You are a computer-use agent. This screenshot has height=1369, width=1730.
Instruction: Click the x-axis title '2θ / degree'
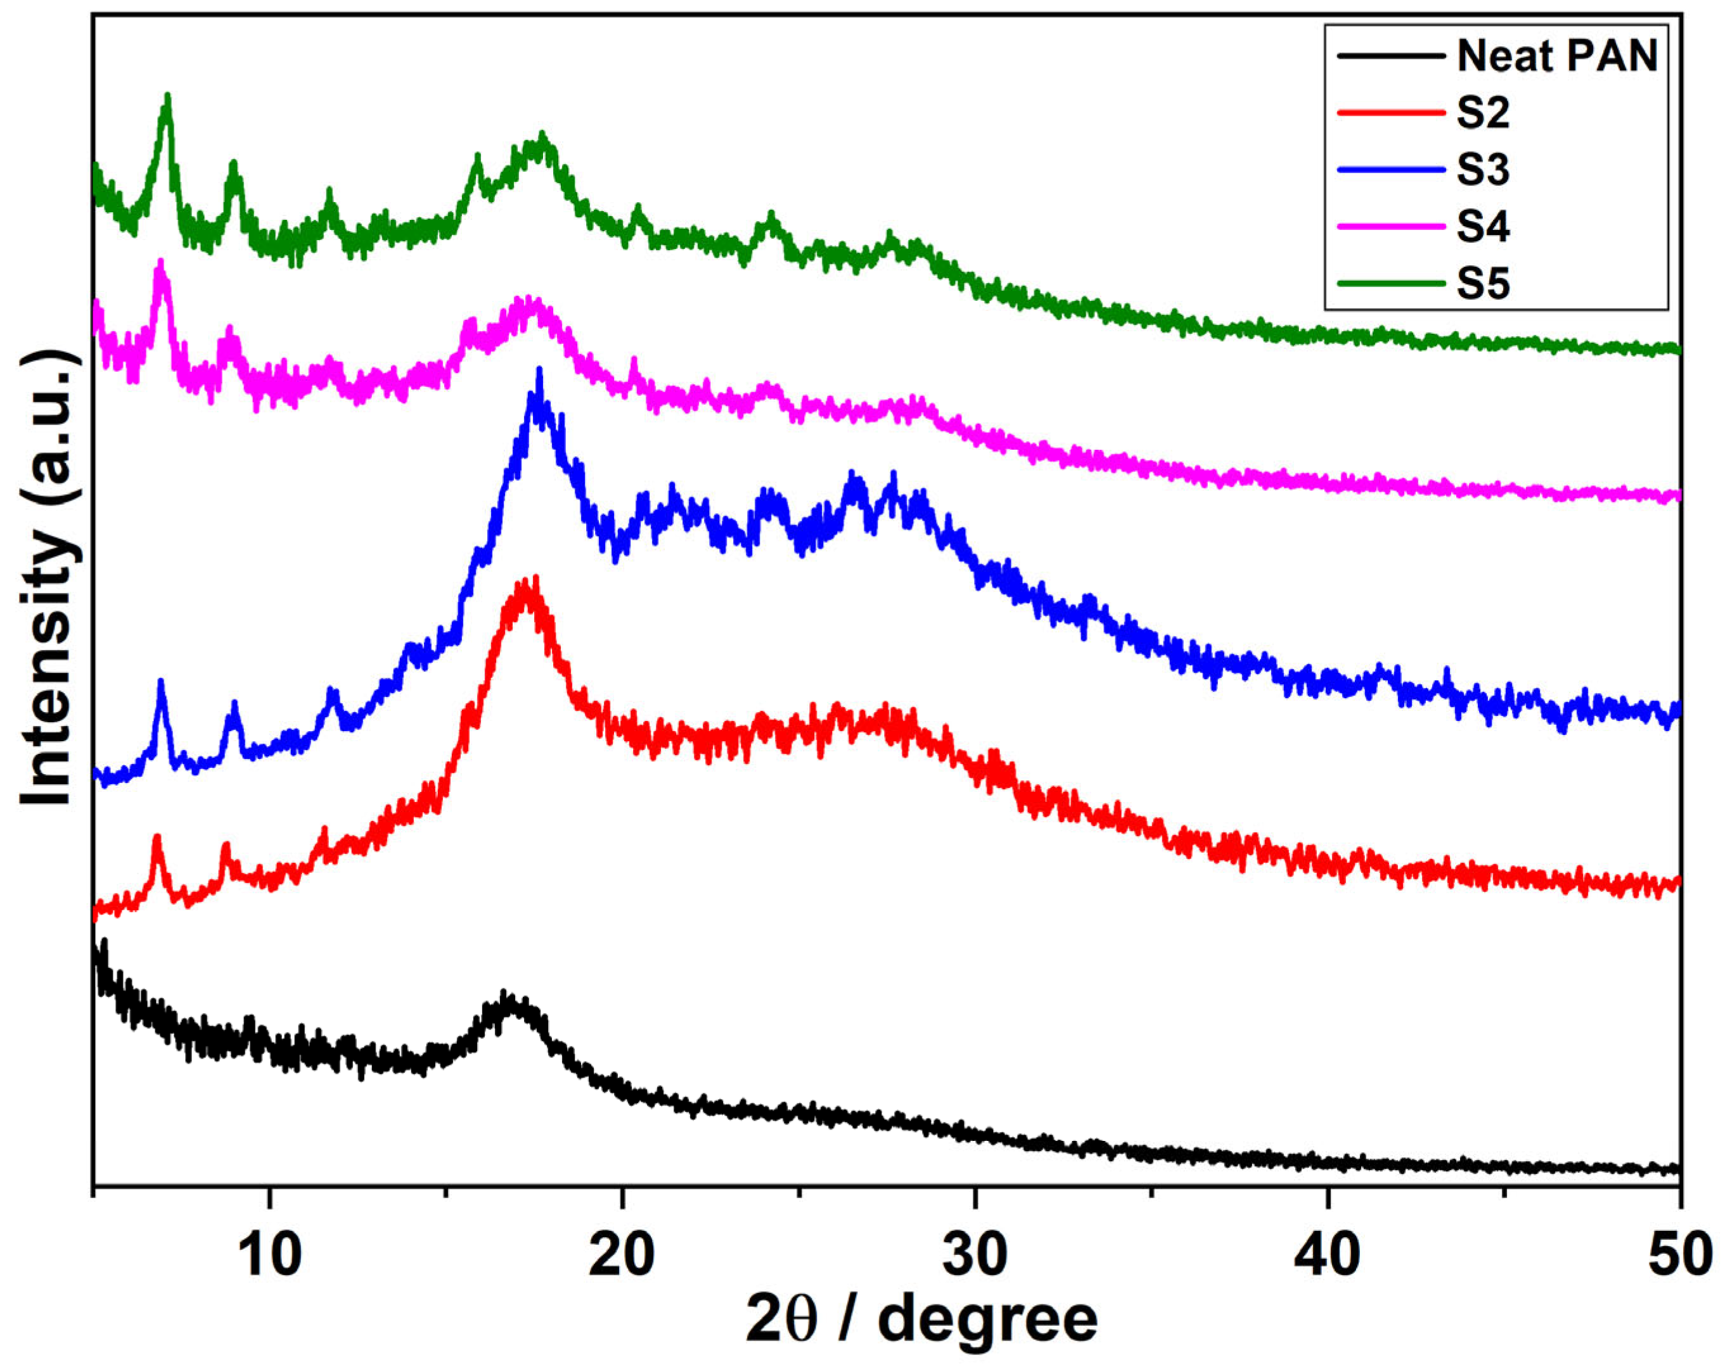click(x=922, y=1320)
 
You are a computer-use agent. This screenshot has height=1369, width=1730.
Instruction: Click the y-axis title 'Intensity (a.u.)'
click(x=49, y=577)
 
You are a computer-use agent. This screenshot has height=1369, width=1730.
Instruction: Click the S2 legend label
click(x=1483, y=113)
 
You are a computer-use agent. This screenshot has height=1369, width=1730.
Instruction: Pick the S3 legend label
click(x=1483, y=170)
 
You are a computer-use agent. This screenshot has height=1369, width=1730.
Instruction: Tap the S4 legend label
click(x=1483, y=227)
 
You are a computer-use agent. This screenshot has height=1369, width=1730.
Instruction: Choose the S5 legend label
click(x=1483, y=284)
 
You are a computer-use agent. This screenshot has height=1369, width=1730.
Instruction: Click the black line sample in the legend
click(x=1391, y=56)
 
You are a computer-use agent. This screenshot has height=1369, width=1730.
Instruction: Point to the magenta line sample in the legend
click(x=1391, y=227)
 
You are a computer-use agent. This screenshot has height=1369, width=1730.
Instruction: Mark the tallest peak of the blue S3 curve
click(x=539, y=371)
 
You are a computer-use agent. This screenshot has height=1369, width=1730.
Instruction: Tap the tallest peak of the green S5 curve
click(x=167, y=96)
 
